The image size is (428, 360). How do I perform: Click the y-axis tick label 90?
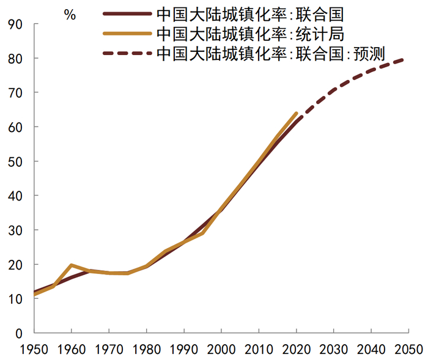tap(15, 24)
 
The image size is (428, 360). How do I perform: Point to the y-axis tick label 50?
tap(15, 161)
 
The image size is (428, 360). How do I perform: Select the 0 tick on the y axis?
tap(18, 333)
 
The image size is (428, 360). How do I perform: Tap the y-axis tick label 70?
tap(15, 92)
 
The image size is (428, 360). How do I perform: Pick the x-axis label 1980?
tap(146, 350)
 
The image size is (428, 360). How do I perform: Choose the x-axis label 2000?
tap(221, 350)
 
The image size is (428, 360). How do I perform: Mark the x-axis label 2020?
tap(295, 350)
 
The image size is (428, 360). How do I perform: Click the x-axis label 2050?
tap(407, 350)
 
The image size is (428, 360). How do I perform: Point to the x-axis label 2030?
tap(333, 350)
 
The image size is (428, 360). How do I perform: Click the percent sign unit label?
tap(70, 15)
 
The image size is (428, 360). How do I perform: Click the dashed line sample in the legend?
tap(127, 53)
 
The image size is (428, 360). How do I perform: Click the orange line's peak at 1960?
tap(72, 265)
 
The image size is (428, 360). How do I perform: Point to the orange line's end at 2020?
tap(297, 113)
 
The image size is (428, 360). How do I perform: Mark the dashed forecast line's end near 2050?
tap(404, 59)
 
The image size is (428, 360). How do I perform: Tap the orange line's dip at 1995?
tap(202, 233)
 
